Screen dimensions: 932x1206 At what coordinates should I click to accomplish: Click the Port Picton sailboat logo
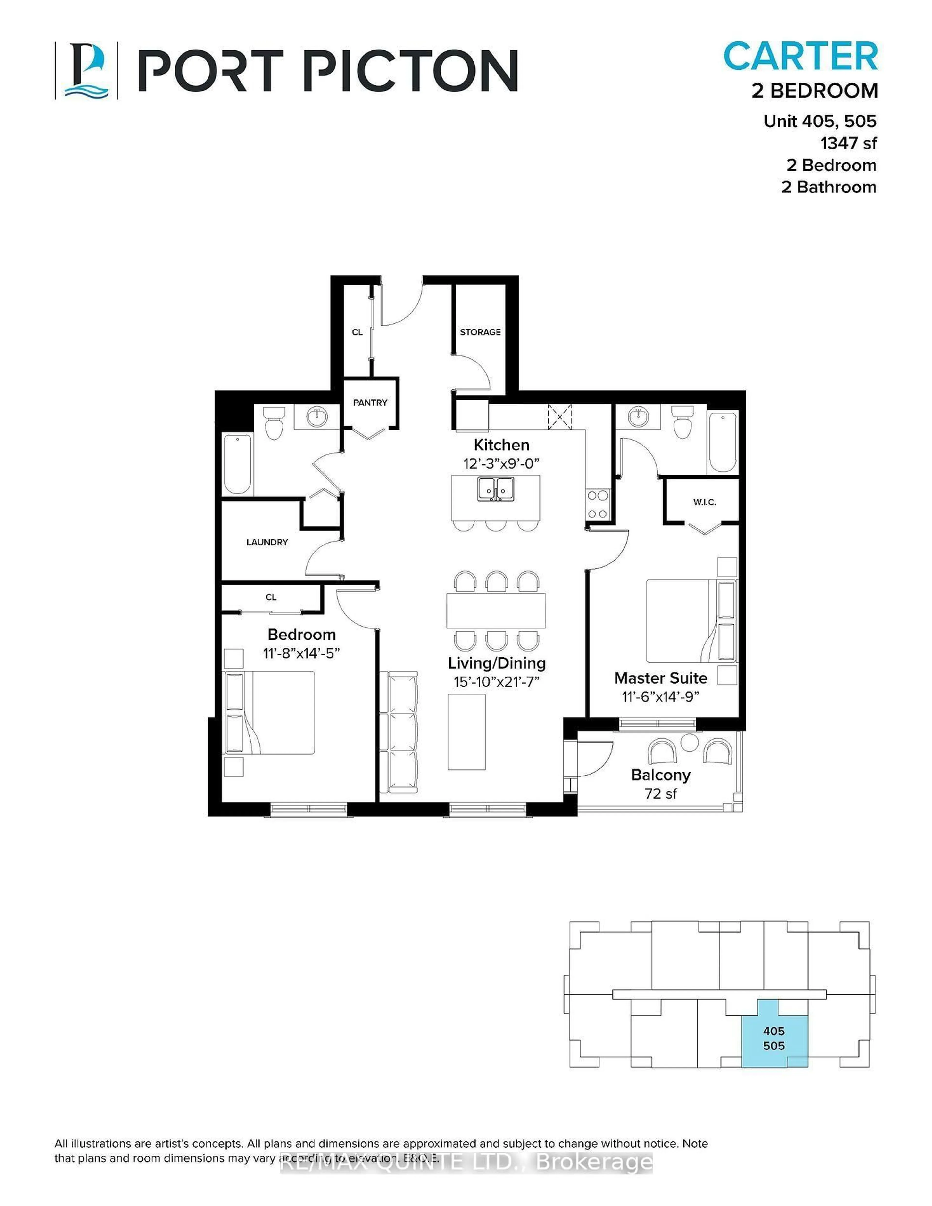tap(86, 71)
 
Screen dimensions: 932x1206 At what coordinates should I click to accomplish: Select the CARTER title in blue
tap(800, 56)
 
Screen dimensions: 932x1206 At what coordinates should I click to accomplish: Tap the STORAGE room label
tap(480, 332)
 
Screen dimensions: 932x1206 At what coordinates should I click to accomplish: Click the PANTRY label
tap(370, 403)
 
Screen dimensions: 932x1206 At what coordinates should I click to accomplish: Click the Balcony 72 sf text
tap(661, 784)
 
